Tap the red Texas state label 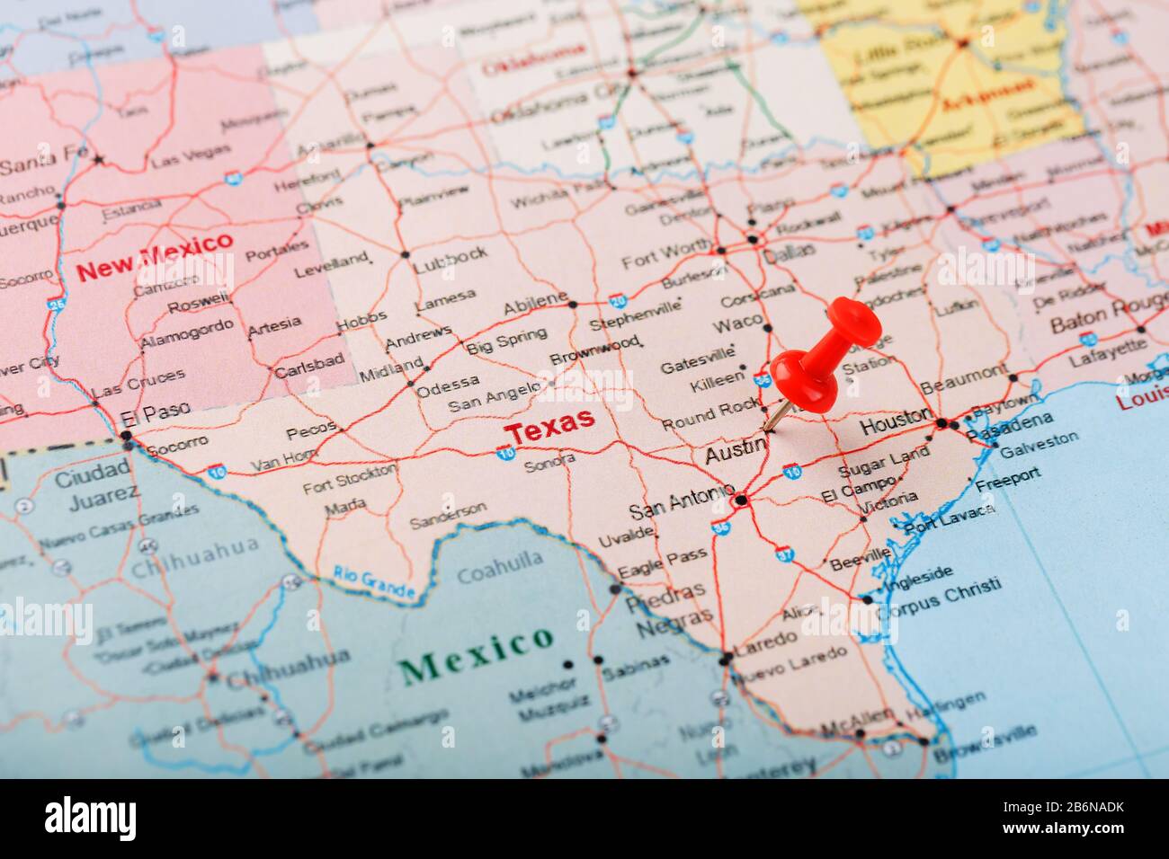click(549, 425)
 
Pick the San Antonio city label click(680, 508)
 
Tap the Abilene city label click(535, 303)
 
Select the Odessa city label click(447, 383)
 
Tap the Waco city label click(737, 324)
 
